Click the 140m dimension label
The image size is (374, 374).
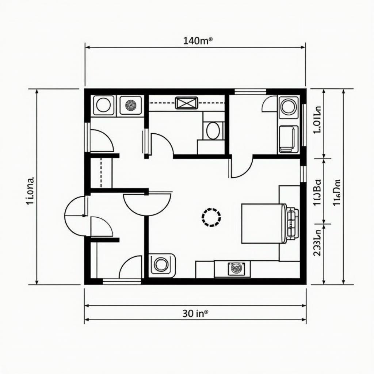[198, 41]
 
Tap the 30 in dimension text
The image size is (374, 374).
[195, 313]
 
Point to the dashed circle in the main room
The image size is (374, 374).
[211, 217]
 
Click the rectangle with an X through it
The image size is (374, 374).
[186, 103]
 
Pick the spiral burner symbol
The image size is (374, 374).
[130, 105]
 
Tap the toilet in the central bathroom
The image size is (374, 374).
[213, 130]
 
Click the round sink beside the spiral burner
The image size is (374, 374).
[104, 105]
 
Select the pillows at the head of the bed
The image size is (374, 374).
[291, 223]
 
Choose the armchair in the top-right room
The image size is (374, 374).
[289, 139]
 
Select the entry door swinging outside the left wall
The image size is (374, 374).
[76, 216]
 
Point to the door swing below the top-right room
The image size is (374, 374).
[241, 167]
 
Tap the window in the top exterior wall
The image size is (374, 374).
[250, 91]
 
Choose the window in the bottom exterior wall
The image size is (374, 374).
[122, 281]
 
